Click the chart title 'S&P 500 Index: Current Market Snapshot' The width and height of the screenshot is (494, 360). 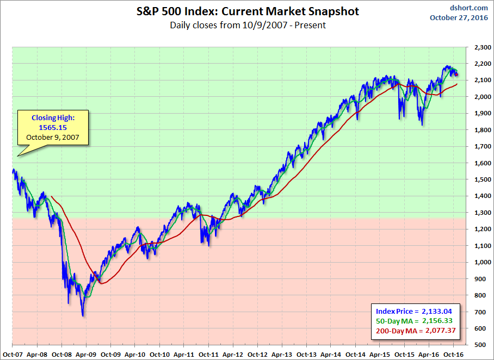pos(247,11)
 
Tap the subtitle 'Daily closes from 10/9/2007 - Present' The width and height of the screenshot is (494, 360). pos(248,25)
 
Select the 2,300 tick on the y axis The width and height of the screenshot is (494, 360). pos(481,47)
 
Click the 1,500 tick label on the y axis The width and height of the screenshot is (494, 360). pos(481,179)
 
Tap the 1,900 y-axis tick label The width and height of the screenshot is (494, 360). pos(481,114)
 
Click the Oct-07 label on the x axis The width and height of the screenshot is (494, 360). pos(12,353)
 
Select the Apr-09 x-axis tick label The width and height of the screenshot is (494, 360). pos(86,353)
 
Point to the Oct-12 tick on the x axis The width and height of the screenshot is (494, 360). pos(257,353)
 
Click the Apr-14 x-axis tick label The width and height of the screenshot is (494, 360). pos(331,353)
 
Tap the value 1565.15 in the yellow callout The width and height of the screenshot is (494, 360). pos(52,127)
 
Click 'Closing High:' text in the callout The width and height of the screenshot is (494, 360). pos(52,117)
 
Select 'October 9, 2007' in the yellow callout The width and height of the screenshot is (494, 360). pos(52,137)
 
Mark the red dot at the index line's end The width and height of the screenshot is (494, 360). pos(456,75)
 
